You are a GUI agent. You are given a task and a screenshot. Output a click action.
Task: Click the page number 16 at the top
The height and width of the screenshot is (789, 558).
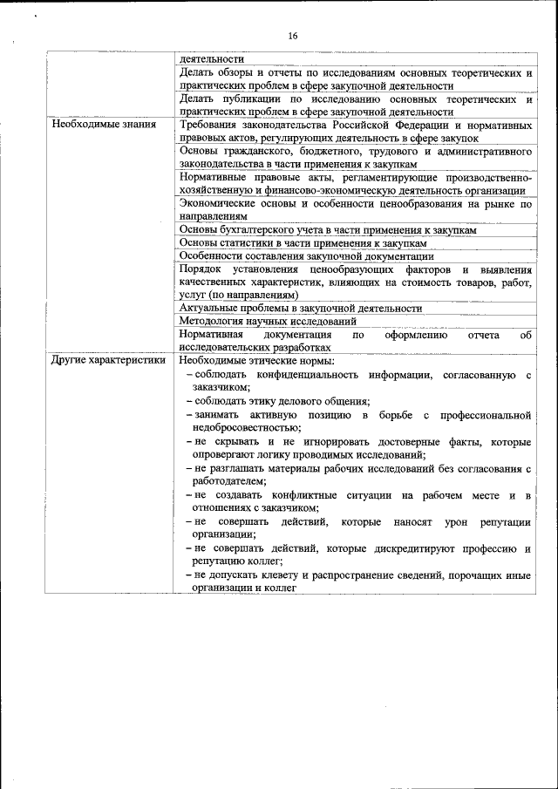click(x=292, y=36)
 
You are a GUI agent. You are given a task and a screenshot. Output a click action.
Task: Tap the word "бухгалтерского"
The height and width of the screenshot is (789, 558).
click(x=258, y=229)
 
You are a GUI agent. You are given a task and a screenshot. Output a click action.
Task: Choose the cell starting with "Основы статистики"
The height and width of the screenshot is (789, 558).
click(x=303, y=242)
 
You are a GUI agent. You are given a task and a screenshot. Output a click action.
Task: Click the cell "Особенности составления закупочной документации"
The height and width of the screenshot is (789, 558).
click(x=306, y=255)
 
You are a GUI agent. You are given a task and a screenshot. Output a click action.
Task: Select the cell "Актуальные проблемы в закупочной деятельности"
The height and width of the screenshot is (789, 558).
click(x=301, y=308)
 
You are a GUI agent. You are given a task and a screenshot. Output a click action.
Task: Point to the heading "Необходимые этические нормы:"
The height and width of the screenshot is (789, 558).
click(x=257, y=359)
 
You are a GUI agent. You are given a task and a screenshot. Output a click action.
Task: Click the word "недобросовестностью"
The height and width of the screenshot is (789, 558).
click(x=248, y=426)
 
